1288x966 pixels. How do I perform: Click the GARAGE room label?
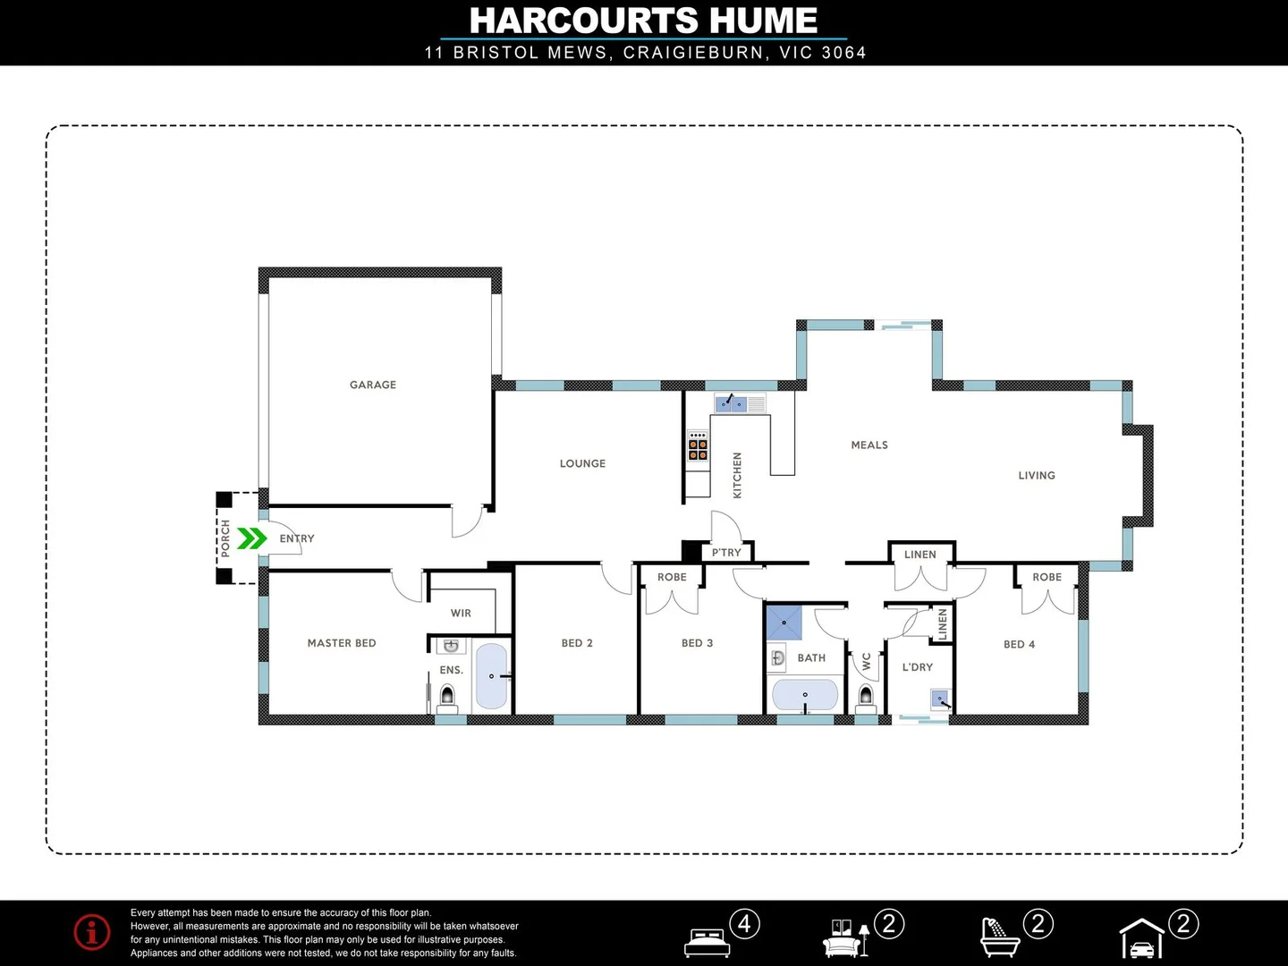pos(373,385)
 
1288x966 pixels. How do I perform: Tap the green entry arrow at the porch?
pos(252,538)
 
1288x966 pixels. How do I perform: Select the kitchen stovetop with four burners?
pos(698,445)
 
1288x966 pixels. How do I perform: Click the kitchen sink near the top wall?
pos(732,403)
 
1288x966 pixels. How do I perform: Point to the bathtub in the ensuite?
pos(491,676)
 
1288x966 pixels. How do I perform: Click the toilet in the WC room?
pos(865,695)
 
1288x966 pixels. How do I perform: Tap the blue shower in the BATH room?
pos(784,623)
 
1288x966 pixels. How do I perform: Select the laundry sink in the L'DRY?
pos(940,699)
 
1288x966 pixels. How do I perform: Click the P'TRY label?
pos(726,553)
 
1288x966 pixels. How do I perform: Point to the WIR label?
pos(461,614)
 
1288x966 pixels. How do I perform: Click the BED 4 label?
pos(1019,644)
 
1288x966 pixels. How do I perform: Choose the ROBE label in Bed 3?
pos(672,578)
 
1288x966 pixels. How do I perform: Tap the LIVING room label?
pos(1037,476)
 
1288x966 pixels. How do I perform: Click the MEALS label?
pos(869,445)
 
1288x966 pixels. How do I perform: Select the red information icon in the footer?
pos(92,932)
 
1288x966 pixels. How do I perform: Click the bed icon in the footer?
pos(707,942)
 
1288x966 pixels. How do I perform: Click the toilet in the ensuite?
pos(447,695)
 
